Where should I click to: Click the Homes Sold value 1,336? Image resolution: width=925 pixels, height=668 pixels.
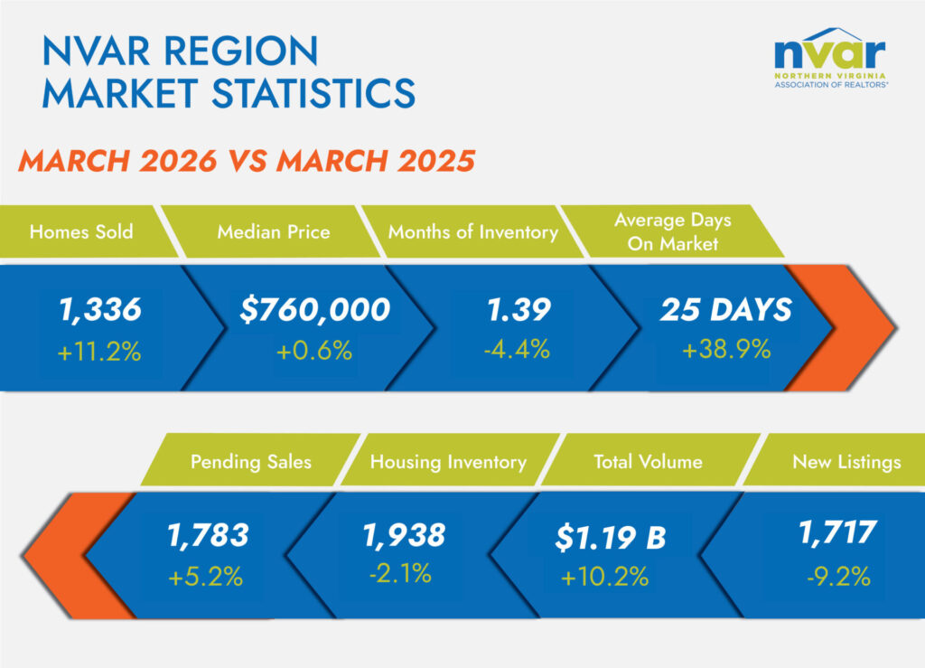(99, 310)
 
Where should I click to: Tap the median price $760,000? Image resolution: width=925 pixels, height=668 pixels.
(314, 310)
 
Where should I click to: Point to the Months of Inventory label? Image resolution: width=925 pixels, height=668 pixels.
(472, 232)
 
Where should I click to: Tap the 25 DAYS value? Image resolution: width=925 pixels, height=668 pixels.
(725, 310)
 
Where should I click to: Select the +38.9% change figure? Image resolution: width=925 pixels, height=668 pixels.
(726, 350)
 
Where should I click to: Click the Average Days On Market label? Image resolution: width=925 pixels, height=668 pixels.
(673, 232)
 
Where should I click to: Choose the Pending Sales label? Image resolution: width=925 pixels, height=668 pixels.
(250, 462)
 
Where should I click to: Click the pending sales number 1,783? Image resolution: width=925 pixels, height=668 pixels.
(207, 535)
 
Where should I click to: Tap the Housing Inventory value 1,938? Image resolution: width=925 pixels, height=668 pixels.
(404, 535)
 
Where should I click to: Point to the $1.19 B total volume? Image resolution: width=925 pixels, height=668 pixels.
(611, 540)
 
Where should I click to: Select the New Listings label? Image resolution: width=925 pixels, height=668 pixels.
(846, 462)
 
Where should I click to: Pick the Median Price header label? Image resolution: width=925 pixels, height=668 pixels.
(273, 232)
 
